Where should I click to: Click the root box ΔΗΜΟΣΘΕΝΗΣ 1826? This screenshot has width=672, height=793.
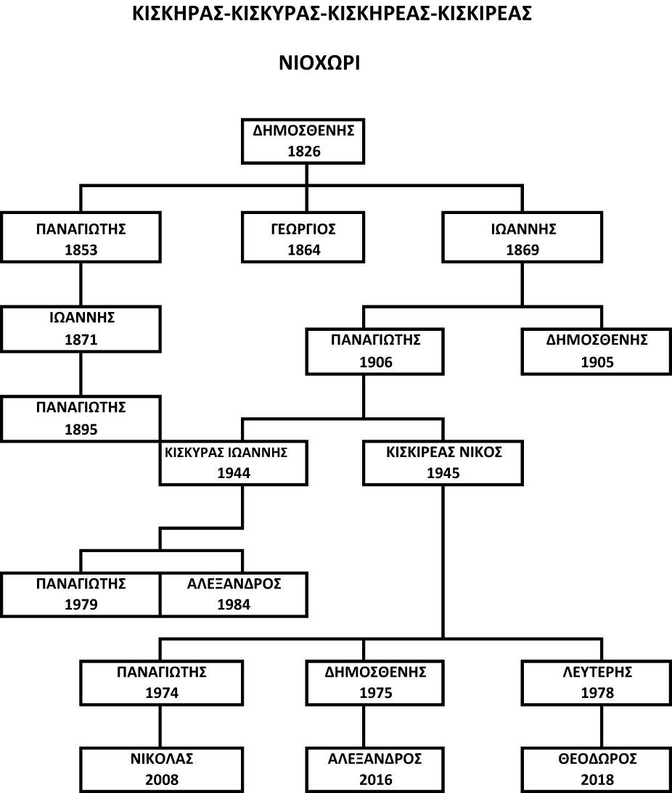click(x=303, y=141)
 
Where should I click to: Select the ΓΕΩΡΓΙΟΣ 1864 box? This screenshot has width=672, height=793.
click(x=303, y=239)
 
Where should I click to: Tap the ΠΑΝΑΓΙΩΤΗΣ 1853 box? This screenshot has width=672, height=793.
click(x=81, y=239)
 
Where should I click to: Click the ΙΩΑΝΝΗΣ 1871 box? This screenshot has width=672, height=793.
click(x=81, y=328)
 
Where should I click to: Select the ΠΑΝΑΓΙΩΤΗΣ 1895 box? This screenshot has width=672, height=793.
click(x=81, y=418)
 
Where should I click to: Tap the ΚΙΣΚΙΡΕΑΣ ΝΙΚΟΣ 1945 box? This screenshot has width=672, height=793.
click(x=443, y=463)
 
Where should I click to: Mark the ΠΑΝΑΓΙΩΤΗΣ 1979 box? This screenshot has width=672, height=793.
click(x=81, y=594)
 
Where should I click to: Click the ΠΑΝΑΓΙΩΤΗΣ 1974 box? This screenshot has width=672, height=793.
click(x=161, y=683)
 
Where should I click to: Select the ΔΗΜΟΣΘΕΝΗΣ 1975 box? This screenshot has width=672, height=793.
click(x=375, y=683)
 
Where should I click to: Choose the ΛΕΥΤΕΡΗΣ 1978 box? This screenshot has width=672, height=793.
click(x=597, y=683)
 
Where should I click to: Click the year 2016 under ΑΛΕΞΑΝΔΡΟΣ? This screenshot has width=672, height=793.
click(x=375, y=780)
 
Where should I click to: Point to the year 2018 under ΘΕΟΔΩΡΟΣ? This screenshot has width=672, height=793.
click(x=597, y=780)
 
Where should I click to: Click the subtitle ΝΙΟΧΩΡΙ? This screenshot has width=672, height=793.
click(x=320, y=63)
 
